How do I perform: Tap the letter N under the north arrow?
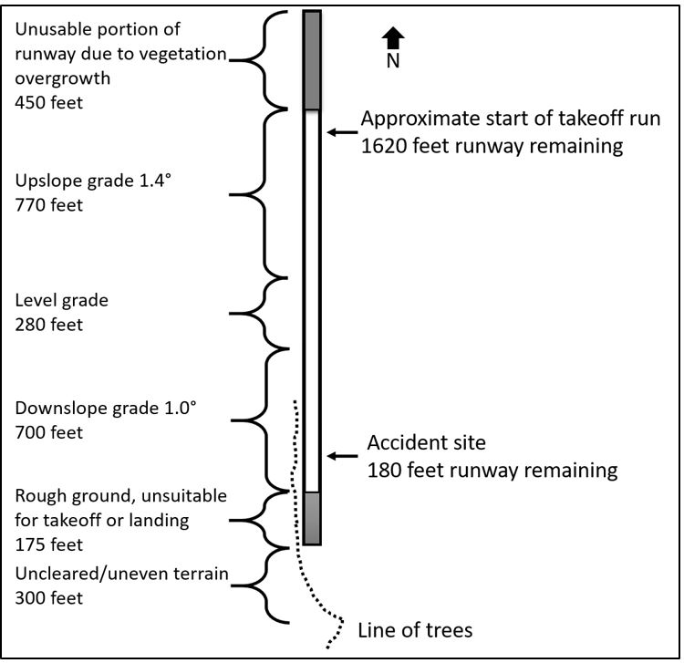(393, 62)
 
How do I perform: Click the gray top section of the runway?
(312, 60)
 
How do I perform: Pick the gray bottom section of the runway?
(312, 518)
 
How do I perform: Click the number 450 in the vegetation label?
(30, 102)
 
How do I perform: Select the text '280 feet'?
(48, 323)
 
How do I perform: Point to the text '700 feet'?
(48, 432)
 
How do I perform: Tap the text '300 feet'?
(48, 598)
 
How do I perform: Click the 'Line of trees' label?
(415, 630)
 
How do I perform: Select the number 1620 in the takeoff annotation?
(385, 146)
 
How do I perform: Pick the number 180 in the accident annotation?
(382, 471)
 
